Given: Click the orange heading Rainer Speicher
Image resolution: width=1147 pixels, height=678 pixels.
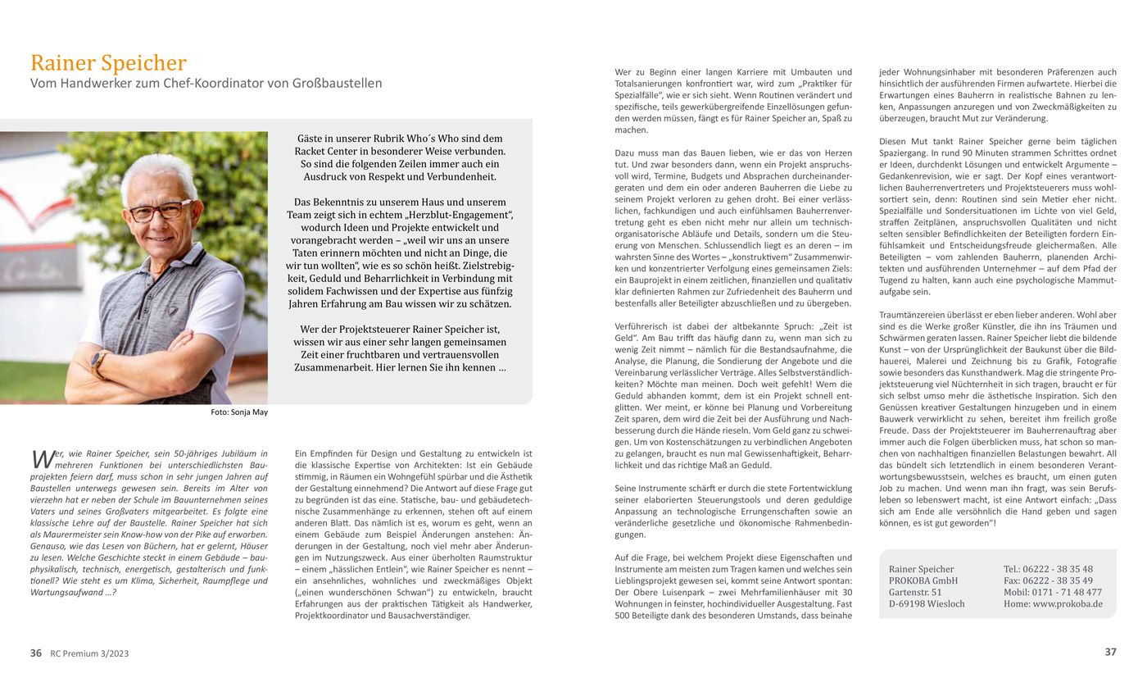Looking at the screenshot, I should [108, 63].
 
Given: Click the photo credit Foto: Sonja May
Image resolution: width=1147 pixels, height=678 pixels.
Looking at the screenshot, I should [238, 412].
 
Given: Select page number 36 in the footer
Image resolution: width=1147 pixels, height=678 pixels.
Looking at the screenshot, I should [36, 653].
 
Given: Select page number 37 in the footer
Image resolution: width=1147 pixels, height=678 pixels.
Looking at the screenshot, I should [1110, 653].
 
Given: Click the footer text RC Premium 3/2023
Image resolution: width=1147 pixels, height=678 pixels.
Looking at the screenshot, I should [89, 653].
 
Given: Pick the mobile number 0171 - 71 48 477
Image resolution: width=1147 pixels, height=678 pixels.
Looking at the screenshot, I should [1065, 592].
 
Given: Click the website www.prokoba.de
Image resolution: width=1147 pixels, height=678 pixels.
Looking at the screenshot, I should [1068, 604].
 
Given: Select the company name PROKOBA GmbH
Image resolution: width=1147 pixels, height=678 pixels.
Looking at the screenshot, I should [923, 580].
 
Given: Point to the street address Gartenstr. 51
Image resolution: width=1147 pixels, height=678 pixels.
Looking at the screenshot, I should [915, 592].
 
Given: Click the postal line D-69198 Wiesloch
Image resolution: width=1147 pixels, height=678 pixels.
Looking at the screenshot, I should [927, 604].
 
